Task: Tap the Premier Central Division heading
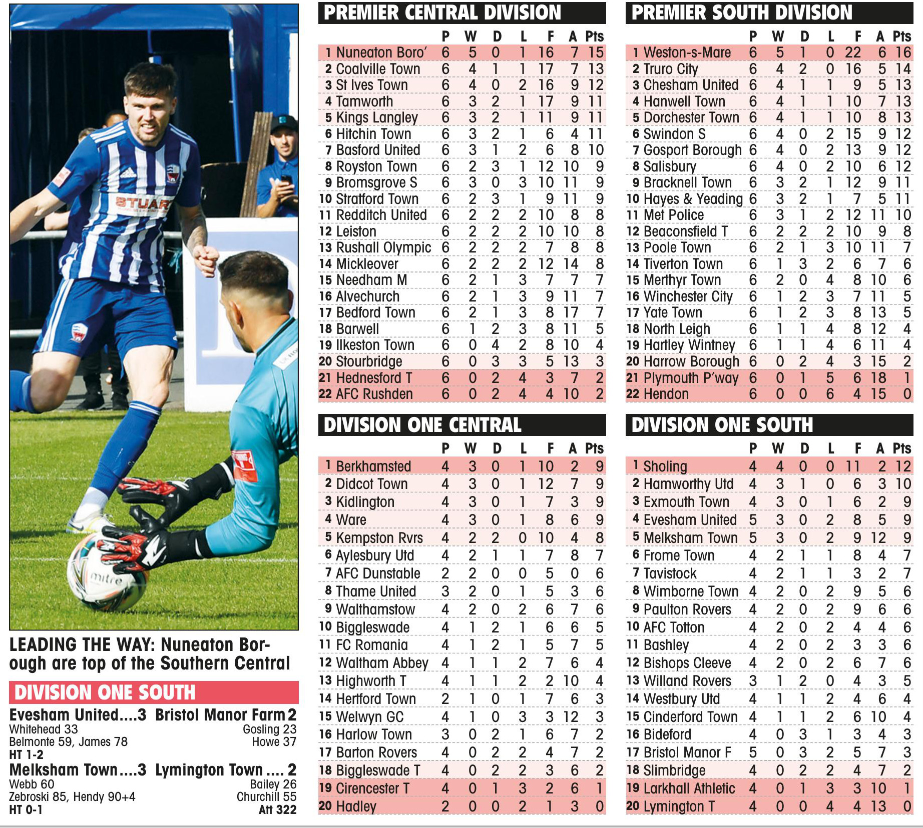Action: coord(442,13)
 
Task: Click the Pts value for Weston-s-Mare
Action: coord(903,52)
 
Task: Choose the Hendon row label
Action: coord(666,394)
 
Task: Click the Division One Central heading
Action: coord(422,425)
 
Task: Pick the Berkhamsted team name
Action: coord(373,466)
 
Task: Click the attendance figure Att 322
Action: coord(277,809)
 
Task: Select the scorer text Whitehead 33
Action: coord(44,729)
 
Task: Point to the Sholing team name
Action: coord(665,466)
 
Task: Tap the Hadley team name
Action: coord(356,806)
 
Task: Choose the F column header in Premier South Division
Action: coord(857,36)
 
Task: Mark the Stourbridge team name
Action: coord(369,361)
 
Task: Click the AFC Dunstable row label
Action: coord(378,573)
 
